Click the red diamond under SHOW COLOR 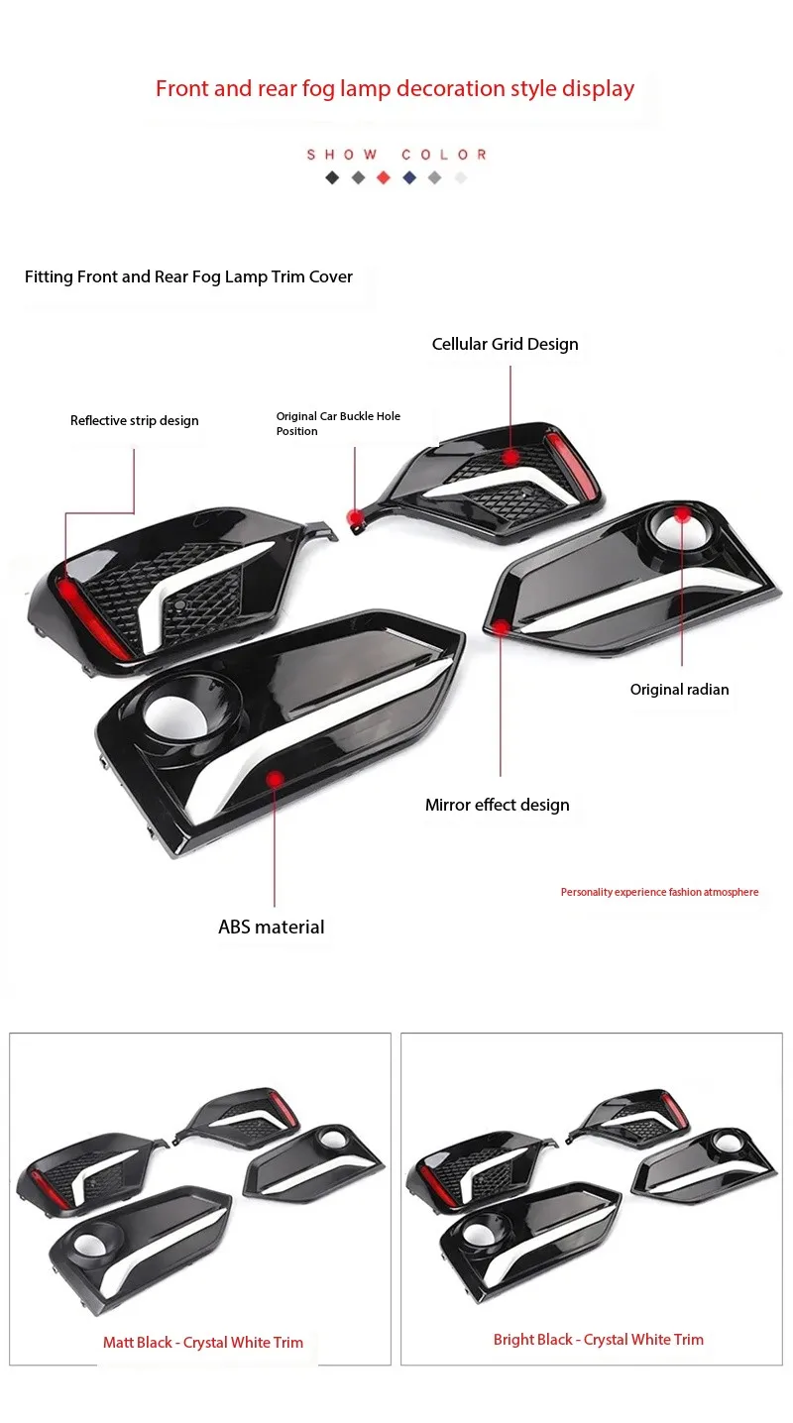click(x=384, y=178)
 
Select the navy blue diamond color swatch click(x=409, y=178)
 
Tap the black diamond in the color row click(x=332, y=178)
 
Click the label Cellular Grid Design click(x=505, y=345)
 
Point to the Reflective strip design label click(x=134, y=421)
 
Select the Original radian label click(x=679, y=690)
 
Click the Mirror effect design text click(x=497, y=806)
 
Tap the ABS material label click(x=271, y=928)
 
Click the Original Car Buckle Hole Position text click(x=338, y=423)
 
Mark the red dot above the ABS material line click(x=275, y=781)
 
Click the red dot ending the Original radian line click(x=682, y=513)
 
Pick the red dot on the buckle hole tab click(x=354, y=517)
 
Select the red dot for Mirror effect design click(x=502, y=627)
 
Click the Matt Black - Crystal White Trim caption click(x=203, y=1343)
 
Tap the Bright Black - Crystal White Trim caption click(x=598, y=1340)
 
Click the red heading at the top click(x=395, y=89)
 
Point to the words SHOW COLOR click(x=396, y=155)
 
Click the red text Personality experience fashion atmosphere click(x=659, y=893)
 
